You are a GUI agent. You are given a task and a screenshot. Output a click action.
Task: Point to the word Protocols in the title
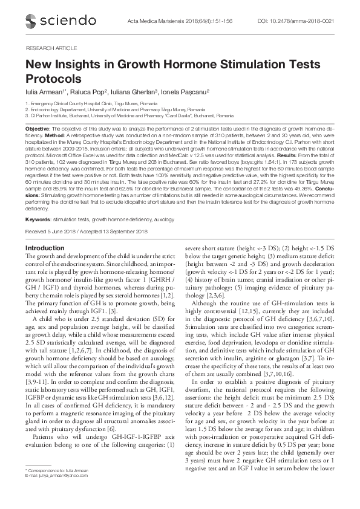coord(53,79)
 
